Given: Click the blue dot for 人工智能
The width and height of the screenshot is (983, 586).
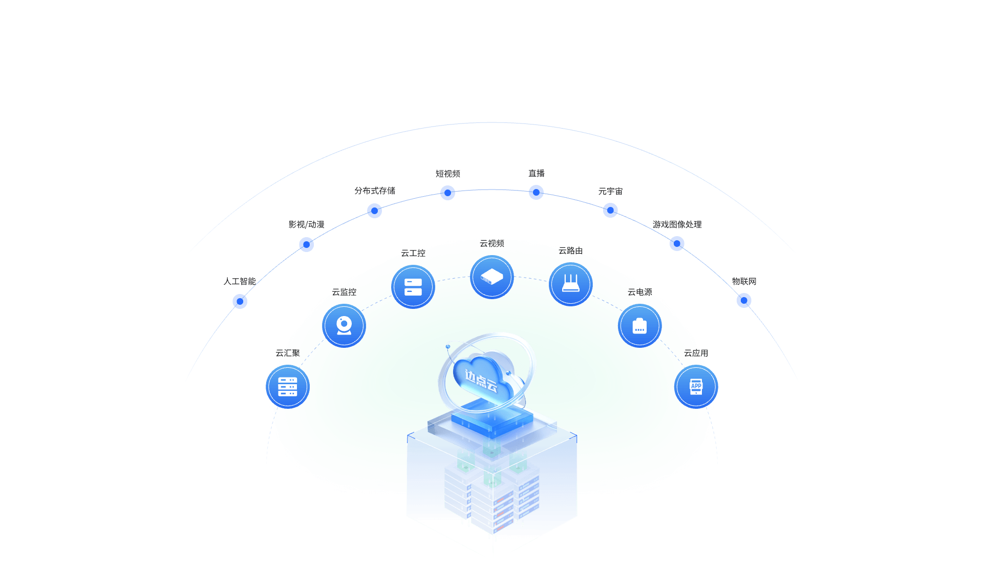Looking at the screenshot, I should click(240, 301).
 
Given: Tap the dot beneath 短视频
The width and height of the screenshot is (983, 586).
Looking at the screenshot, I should click(447, 193).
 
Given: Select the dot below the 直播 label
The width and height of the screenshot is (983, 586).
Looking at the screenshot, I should click(536, 192).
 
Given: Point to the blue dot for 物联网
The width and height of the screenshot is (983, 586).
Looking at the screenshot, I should click(744, 300).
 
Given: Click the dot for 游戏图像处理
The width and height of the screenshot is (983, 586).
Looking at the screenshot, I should click(677, 243).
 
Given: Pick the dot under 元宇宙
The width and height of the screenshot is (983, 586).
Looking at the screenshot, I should click(610, 210).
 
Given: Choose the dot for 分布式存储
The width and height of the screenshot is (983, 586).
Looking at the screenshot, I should click(374, 211).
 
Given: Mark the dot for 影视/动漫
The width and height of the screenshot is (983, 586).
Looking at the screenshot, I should click(306, 244).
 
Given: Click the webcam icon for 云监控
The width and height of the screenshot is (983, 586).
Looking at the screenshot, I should click(344, 326).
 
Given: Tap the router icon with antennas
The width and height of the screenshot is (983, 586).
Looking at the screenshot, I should click(571, 284).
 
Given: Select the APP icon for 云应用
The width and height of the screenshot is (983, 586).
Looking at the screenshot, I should click(696, 387).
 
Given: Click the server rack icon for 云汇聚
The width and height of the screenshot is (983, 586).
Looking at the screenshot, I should click(288, 387).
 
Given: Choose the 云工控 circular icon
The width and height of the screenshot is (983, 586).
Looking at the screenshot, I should click(413, 287).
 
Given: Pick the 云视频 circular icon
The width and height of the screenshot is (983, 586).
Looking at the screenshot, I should click(492, 277).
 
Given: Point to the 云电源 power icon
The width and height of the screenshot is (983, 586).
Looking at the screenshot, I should click(639, 326).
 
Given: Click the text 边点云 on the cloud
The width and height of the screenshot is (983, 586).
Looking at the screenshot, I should click(481, 380).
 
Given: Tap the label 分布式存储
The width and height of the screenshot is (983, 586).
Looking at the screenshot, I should click(375, 191).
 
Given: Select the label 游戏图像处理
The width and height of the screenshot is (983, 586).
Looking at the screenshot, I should click(677, 224).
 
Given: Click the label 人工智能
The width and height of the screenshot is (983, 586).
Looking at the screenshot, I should click(240, 281).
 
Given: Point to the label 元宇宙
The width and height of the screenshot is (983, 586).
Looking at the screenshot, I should click(610, 191).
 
